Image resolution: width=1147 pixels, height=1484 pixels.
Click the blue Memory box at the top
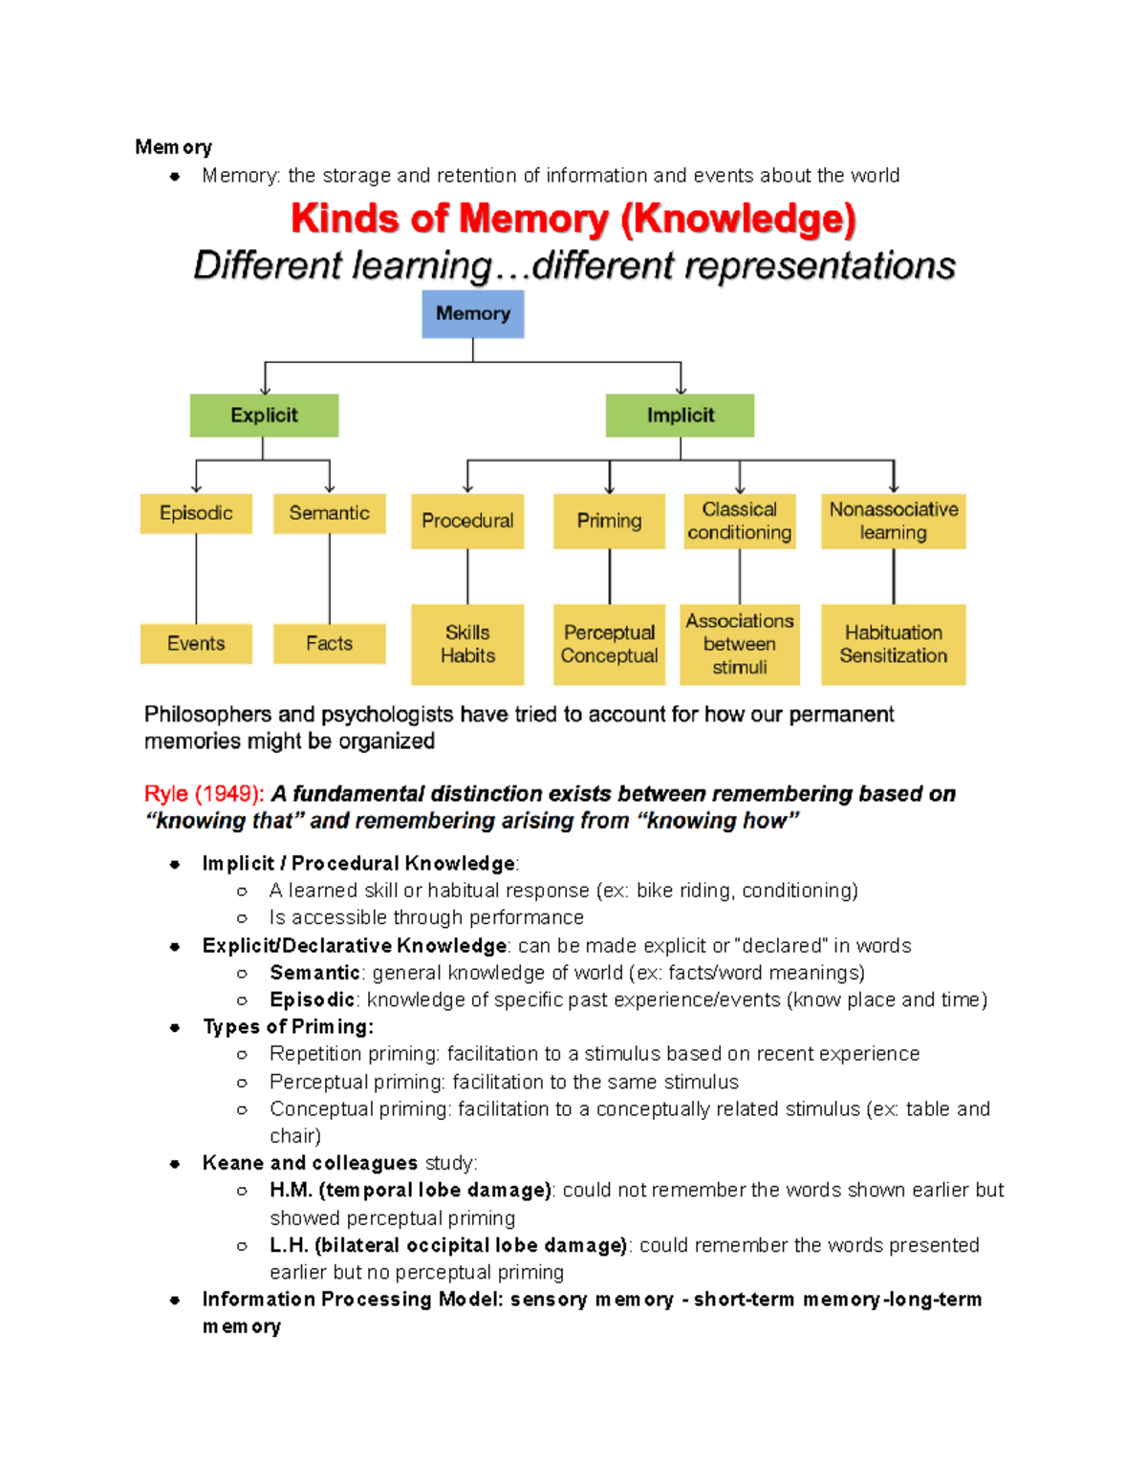(x=472, y=314)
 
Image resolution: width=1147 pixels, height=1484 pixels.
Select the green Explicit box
(x=264, y=416)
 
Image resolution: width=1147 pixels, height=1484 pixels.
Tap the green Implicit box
(x=680, y=416)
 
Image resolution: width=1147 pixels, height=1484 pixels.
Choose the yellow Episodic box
(x=196, y=513)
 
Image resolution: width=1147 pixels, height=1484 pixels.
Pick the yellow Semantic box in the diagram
(x=329, y=513)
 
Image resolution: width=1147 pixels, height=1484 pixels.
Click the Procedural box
(x=467, y=521)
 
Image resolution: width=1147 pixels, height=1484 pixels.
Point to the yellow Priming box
(x=609, y=521)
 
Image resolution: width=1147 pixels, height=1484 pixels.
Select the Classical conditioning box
(x=739, y=521)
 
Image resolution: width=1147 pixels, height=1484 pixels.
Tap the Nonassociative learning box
(x=893, y=521)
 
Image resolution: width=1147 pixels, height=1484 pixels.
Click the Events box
(x=196, y=643)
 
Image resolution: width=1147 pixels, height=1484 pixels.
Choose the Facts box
(x=329, y=643)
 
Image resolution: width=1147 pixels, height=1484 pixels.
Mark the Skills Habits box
(x=467, y=644)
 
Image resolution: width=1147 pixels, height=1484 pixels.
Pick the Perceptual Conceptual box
(x=609, y=644)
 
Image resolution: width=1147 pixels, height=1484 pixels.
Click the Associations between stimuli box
(x=739, y=644)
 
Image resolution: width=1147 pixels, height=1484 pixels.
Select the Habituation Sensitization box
(x=893, y=644)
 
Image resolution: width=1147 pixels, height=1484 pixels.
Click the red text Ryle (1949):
(x=204, y=794)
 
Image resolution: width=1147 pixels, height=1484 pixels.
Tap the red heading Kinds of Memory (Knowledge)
(x=573, y=219)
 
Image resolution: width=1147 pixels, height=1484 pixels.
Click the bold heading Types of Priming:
(x=288, y=1027)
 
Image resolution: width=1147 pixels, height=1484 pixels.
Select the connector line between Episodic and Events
(x=196, y=578)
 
